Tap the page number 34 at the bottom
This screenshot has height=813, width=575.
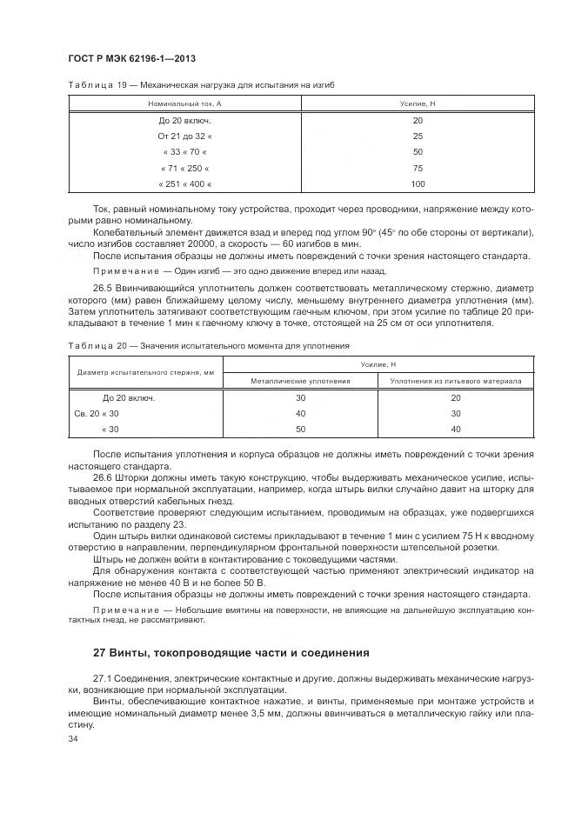pyautogui.click(x=72, y=738)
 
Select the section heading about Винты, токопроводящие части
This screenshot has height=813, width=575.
pyautogui.click(x=231, y=651)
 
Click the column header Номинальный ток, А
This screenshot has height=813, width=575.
pyautogui.click(x=184, y=103)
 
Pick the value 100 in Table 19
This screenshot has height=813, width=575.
pyautogui.click(x=418, y=184)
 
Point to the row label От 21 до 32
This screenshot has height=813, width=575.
pyautogui.click(x=184, y=137)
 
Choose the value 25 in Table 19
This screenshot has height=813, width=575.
pyautogui.click(x=418, y=137)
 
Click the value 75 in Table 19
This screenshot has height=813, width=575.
pyautogui.click(x=418, y=169)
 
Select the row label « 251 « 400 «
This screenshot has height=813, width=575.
pyautogui.click(x=184, y=184)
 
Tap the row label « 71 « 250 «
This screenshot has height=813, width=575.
pyautogui.click(x=184, y=169)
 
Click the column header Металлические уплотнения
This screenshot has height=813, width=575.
pyautogui.click(x=300, y=381)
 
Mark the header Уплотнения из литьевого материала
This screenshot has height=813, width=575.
pyautogui.click(x=456, y=381)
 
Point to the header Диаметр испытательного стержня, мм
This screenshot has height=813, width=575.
pyautogui.click(x=145, y=373)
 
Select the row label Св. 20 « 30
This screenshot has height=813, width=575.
pyautogui.click(x=97, y=413)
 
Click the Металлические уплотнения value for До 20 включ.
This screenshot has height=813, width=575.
pyautogui.click(x=300, y=397)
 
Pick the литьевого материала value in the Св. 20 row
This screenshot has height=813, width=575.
pyautogui.click(x=456, y=413)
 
